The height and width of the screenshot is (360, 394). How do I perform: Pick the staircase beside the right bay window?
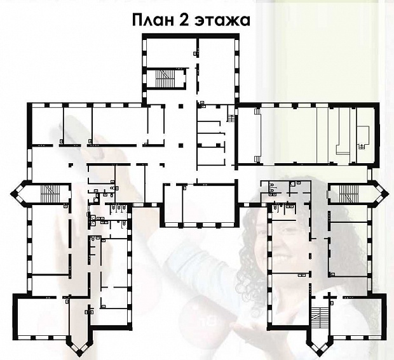[x=349, y=194]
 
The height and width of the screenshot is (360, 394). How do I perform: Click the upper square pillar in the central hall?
[x=180, y=106]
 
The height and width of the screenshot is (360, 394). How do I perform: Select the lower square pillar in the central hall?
[x=180, y=145]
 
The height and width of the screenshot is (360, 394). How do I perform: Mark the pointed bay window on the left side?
[x=18, y=193]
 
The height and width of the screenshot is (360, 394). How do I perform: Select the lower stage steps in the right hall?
[x=258, y=159]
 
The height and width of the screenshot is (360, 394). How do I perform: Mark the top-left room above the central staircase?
[x=170, y=52]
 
